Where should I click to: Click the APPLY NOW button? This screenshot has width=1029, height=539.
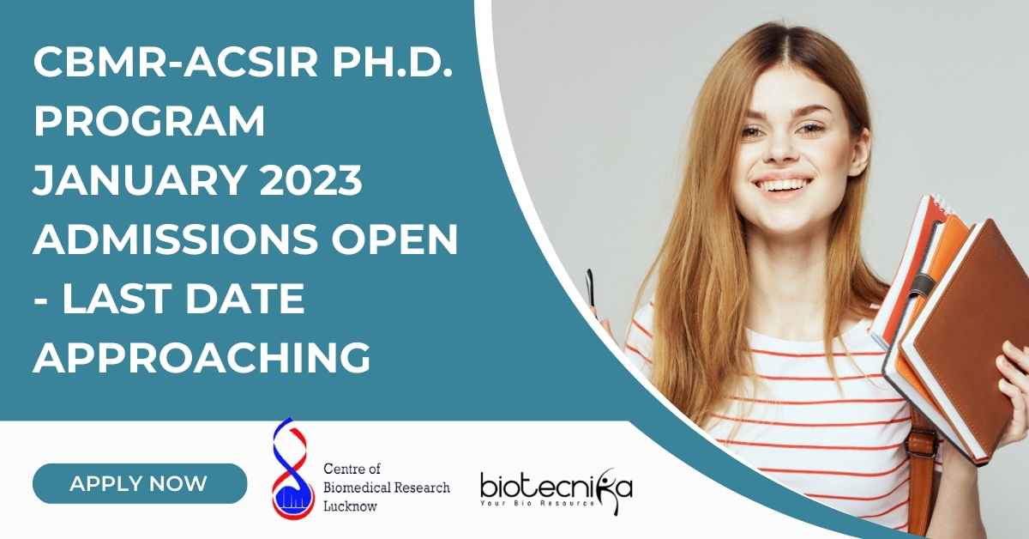coord(140,483)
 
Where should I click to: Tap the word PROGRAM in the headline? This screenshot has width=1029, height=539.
coord(149,121)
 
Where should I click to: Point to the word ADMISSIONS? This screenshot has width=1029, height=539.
coord(176,239)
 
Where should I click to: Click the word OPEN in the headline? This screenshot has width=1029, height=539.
coord(394,239)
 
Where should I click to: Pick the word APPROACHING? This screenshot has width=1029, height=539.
coord(202,357)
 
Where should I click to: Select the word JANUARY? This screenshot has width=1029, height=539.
coord(140,180)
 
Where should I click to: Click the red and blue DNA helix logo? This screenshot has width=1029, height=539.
coord(292,468)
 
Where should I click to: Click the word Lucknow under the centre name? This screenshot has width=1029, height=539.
coord(350,506)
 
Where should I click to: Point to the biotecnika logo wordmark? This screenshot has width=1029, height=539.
coord(557,487)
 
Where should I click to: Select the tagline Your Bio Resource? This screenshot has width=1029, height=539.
coord(537,503)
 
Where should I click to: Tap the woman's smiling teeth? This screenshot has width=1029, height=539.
coord(781,185)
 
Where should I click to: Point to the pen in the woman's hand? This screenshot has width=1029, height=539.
coord(590,288)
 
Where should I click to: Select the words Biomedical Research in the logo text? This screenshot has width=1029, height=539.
coord(387,488)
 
